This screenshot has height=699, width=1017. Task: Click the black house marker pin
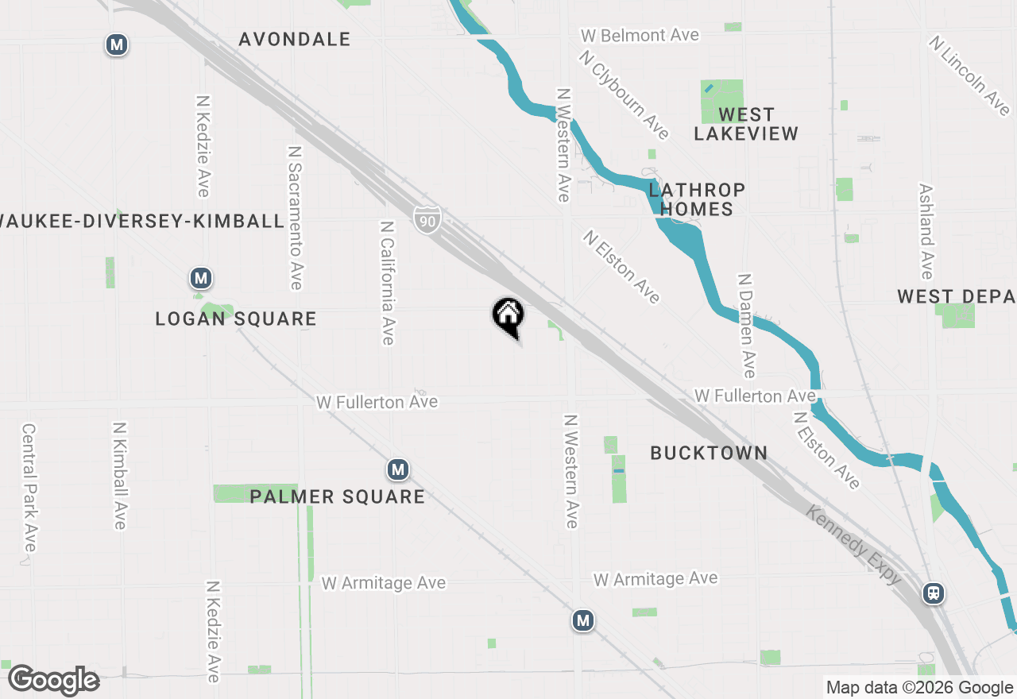(508, 315)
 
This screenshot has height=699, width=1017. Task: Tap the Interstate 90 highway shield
(427, 219)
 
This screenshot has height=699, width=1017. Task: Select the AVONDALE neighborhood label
(294, 39)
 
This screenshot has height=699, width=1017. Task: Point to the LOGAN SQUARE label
(236, 319)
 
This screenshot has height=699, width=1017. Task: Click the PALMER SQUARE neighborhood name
(337, 497)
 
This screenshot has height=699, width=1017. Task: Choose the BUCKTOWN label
(709, 454)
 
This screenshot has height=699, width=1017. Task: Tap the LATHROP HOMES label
(697, 199)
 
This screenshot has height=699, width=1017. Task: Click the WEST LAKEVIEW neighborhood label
(746, 124)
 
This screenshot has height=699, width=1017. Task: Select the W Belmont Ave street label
(640, 36)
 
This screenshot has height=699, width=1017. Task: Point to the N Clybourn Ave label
(625, 95)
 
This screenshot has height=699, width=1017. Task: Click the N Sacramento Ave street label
(295, 217)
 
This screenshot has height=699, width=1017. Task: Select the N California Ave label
(387, 283)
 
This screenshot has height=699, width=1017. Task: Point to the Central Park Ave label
(29, 487)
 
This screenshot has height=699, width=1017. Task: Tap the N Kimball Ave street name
(119, 475)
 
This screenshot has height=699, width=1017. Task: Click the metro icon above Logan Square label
(201, 278)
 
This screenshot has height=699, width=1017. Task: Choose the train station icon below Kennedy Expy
(934, 593)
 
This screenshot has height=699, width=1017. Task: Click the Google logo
(54, 680)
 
